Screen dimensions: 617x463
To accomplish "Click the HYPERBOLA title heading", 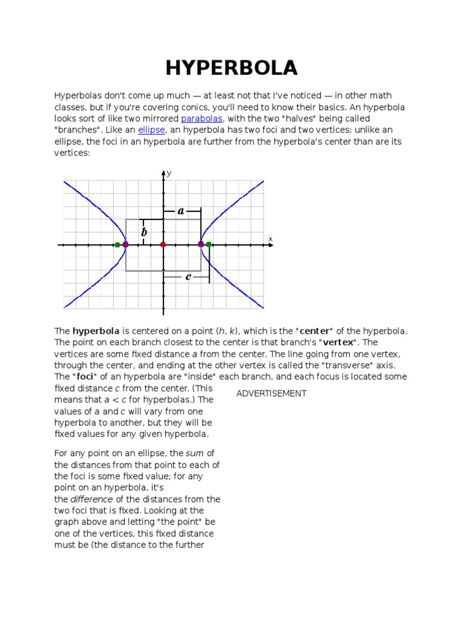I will click(x=231, y=68).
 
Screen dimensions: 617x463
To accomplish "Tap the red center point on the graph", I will click(x=163, y=245).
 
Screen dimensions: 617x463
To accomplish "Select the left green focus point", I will click(x=117, y=245).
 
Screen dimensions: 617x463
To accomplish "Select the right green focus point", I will click(x=209, y=245).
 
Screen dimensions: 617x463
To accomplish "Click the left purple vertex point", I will click(x=125, y=245).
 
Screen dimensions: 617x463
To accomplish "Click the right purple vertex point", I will click(x=201, y=245).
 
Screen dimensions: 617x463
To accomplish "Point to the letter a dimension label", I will click(x=181, y=211).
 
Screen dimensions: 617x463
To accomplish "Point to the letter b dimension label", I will click(x=144, y=231).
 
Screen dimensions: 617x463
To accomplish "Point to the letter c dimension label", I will click(x=188, y=277).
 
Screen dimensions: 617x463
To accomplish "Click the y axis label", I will click(x=169, y=174).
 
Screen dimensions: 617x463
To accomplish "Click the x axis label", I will click(x=271, y=239).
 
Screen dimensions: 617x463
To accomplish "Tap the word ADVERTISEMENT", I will click(x=271, y=393).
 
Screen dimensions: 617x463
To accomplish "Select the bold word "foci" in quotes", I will click(x=86, y=377).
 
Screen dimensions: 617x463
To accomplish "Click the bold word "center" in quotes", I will click(x=313, y=331).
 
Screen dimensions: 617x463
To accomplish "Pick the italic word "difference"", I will click(x=92, y=499).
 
